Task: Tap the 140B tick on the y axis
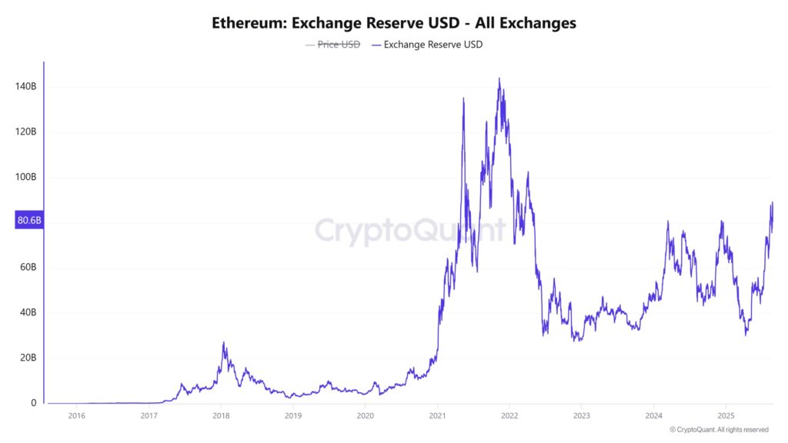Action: click(x=25, y=87)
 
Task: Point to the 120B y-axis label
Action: click(x=25, y=132)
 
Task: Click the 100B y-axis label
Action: click(x=25, y=177)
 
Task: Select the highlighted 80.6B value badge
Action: click(x=28, y=221)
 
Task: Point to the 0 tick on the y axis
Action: click(x=33, y=403)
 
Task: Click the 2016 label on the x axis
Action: click(x=77, y=416)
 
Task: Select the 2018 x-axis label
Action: click(x=221, y=416)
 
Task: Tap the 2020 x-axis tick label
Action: click(x=366, y=416)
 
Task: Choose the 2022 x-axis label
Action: click(x=509, y=416)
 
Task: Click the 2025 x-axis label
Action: click(x=726, y=416)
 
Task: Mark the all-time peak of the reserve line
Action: click(x=499, y=78)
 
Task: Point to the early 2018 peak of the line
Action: click(x=223, y=343)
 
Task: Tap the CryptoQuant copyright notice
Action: click(x=719, y=430)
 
